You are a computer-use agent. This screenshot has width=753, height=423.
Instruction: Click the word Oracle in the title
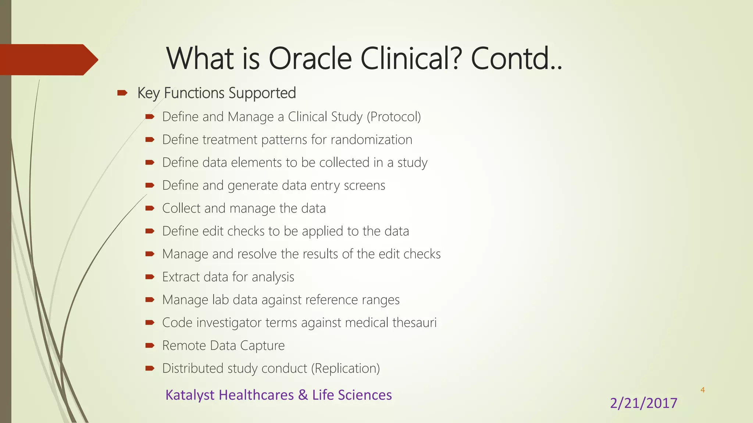coord(310,59)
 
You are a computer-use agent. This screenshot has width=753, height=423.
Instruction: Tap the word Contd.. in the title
coord(516,59)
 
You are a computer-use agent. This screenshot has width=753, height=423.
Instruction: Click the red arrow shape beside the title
coord(48,59)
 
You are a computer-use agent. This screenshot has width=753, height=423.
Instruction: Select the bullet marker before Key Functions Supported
coord(122,93)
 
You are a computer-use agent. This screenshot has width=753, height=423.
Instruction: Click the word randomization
coord(371,140)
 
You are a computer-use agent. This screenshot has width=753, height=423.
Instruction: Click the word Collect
coord(181,208)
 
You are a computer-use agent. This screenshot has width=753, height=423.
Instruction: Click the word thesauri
coord(414,323)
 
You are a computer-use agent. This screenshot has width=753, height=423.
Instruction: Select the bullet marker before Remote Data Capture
coord(150,346)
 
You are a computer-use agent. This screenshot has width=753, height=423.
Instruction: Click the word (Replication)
coord(345,368)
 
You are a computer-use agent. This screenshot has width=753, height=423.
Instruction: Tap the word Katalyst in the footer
coord(190,395)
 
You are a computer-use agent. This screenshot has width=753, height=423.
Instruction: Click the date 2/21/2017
coord(643,403)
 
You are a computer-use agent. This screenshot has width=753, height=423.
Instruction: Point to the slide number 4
coord(702,390)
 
